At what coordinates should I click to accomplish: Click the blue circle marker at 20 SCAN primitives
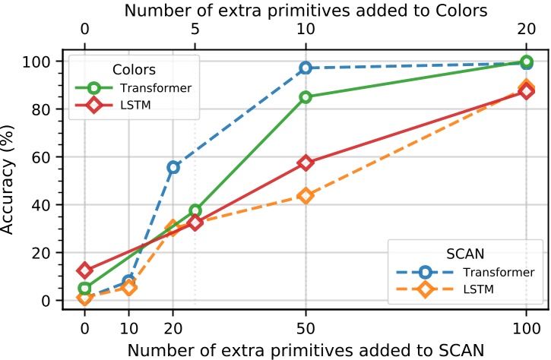click(173, 167)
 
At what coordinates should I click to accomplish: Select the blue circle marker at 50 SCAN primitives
click(306, 68)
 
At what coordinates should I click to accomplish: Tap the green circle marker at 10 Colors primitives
click(306, 97)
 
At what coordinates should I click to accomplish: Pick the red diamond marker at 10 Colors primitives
click(306, 163)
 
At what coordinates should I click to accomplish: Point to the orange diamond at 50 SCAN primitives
click(306, 195)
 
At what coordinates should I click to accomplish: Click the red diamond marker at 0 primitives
click(84, 270)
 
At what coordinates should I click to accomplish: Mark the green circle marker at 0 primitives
click(84, 289)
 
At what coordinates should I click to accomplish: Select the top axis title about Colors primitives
click(306, 11)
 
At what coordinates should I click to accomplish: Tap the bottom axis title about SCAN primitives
click(306, 350)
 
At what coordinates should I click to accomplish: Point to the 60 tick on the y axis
click(48, 157)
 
